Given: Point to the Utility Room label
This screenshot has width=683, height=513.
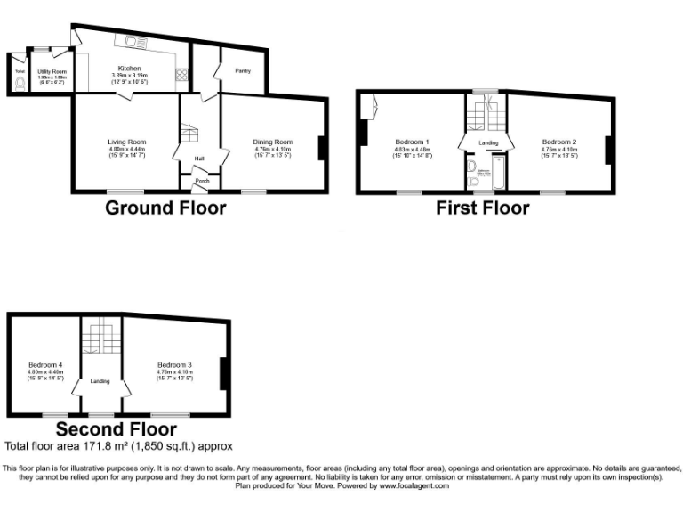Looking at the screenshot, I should point(52,70).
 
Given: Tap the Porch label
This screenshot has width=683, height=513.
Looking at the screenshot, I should point(202,180).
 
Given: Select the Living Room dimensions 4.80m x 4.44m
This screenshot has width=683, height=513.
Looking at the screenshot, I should point(127,149).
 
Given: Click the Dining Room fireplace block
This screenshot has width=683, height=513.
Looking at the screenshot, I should point(322,148).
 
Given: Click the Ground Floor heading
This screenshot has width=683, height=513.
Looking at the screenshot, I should point(165,208).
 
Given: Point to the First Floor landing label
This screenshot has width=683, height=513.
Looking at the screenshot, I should point(488,142).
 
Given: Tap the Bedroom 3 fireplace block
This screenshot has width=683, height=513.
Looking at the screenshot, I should point(224,370).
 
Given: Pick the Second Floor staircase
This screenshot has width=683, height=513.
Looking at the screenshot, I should point(100,339).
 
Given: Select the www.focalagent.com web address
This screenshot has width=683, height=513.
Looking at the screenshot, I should point(414,485).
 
